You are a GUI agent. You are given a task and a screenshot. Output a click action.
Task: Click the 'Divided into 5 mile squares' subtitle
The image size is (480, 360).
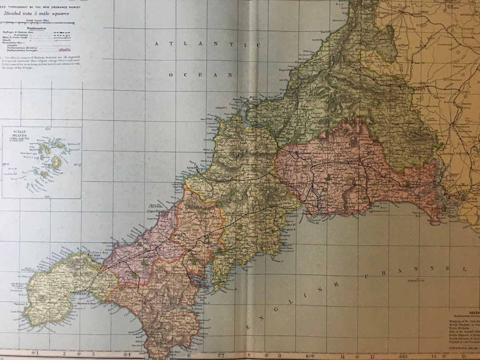(x=37, y=13)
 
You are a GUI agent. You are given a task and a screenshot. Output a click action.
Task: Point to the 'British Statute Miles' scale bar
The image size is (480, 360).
(x=37, y=23)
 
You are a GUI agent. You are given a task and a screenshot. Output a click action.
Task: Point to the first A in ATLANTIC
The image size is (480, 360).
(x=157, y=44)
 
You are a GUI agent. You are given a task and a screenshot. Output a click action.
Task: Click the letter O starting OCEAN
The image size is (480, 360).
(x=171, y=75)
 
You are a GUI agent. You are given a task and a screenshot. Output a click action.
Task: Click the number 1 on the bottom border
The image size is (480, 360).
(x=38, y=354)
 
